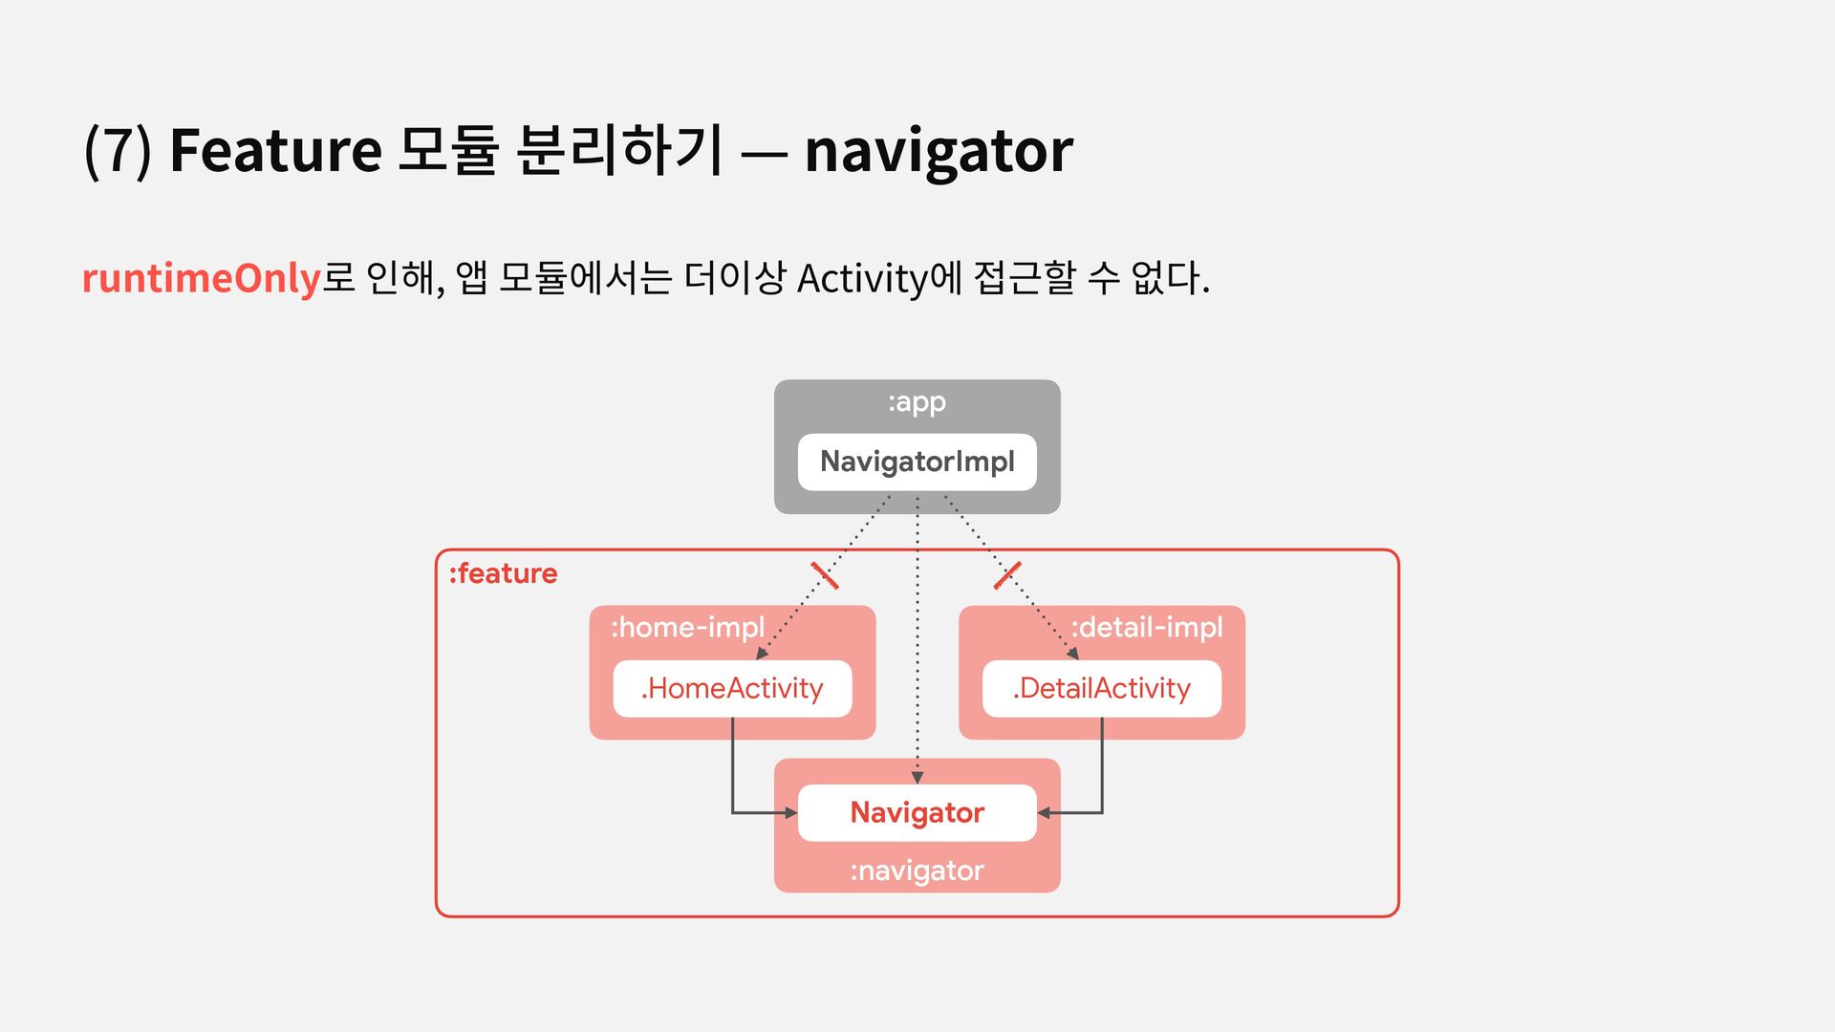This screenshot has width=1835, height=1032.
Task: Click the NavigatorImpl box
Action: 917,462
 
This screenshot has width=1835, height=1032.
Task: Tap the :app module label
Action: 917,402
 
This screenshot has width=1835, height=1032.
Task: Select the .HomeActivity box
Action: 732,689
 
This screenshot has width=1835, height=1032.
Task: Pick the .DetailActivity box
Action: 1101,689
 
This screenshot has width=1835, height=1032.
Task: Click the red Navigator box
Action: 917,813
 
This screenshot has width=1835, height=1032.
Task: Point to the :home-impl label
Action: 687,628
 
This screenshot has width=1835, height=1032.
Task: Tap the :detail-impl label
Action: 1146,628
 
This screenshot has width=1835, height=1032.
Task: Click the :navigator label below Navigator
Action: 917,871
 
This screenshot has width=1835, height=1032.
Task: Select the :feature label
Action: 503,573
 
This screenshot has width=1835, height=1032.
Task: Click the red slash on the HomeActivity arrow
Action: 825,575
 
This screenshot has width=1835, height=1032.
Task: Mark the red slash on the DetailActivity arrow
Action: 1007,575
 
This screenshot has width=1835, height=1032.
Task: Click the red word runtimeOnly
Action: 201,279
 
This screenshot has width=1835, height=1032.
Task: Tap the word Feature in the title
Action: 275,151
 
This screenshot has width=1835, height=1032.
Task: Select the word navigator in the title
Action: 939,151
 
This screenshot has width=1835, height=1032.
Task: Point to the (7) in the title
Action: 118,151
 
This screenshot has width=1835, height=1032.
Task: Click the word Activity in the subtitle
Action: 862,279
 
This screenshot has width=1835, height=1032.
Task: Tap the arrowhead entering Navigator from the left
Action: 791,813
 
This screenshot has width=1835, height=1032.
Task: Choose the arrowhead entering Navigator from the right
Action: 1044,813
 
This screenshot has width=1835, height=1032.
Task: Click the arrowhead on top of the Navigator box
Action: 917,778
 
